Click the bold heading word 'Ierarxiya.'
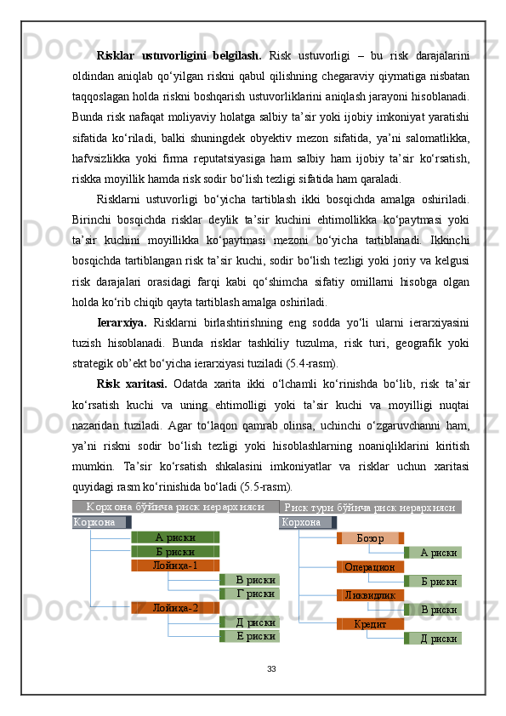(x=122, y=323)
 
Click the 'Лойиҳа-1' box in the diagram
(x=175, y=565)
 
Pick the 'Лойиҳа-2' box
(x=175, y=607)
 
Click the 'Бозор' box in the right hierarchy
(x=370, y=538)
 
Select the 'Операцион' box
(x=370, y=566)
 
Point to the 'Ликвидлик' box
(x=370, y=595)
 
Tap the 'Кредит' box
(x=370, y=623)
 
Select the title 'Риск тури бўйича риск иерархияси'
(x=371, y=508)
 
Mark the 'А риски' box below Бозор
(x=435, y=553)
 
